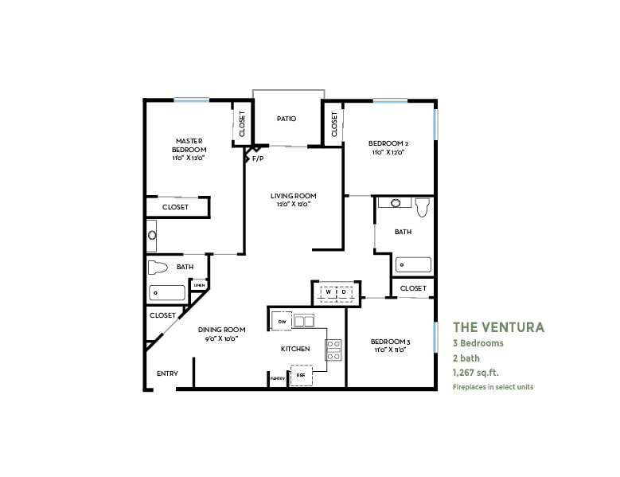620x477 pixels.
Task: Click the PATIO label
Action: click(x=287, y=119)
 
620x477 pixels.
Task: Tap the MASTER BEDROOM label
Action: click(x=189, y=149)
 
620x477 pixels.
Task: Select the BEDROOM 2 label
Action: click(x=388, y=147)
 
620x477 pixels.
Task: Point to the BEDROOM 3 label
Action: click(x=389, y=346)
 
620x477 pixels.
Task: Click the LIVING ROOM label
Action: click(x=293, y=199)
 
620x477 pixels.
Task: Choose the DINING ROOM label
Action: click(x=222, y=333)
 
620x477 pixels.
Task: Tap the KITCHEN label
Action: click(x=294, y=349)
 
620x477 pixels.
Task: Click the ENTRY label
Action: click(x=167, y=373)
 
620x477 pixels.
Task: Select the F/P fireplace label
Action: click(x=258, y=158)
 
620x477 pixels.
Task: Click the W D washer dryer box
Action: click(x=335, y=293)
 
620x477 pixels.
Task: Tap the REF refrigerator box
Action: click(x=300, y=373)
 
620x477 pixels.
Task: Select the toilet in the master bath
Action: click(x=158, y=267)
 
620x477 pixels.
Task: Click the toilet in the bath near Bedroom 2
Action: click(x=422, y=207)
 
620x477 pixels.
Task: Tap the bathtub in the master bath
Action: click(x=166, y=292)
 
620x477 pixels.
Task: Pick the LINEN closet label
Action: click(x=199, y=284)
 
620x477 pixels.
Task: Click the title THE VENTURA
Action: click(x=498, y=326)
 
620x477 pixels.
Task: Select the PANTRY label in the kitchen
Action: click(x=277, y=379)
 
